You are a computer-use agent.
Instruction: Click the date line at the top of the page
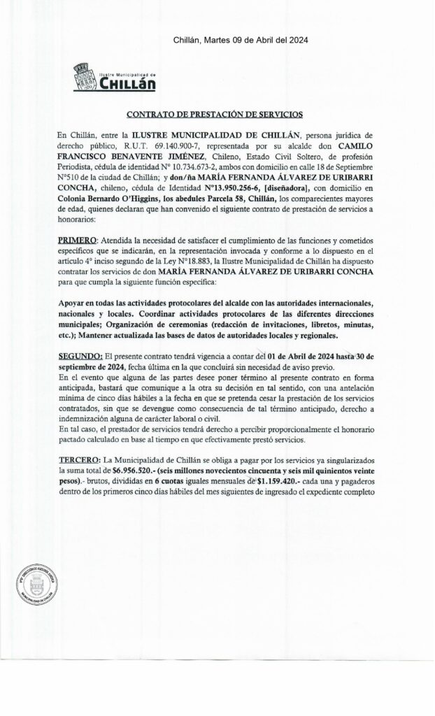point(242,41)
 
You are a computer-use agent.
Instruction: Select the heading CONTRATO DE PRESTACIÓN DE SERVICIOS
point(215,113)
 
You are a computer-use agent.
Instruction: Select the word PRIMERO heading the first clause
point(79,242)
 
